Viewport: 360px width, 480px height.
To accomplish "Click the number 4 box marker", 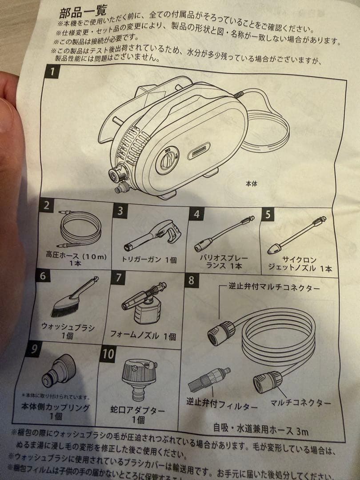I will [x=196, y=214].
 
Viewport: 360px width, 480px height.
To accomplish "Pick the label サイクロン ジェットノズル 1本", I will [x=300, y=264].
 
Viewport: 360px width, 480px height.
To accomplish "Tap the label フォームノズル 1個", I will [x=143, y=336].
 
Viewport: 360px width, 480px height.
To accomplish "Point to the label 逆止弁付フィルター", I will [x=222, y=406].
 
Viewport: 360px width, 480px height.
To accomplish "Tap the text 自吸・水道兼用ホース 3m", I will [x=261, y=430].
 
